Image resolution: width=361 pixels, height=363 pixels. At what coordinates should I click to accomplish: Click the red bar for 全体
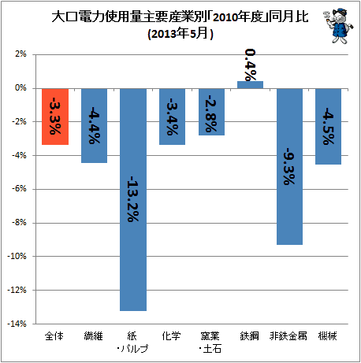(55, 117)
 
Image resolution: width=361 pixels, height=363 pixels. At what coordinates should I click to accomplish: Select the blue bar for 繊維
(94, 126)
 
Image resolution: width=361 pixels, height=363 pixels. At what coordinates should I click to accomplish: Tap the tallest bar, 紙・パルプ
(133, 200)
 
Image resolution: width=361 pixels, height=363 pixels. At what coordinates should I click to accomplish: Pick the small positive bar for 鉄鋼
(250, 85)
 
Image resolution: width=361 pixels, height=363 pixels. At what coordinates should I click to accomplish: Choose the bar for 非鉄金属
(289, 167)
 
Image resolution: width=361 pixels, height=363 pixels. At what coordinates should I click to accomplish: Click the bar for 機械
(328, 127)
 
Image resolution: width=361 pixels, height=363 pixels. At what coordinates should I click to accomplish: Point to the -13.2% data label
(133, 199)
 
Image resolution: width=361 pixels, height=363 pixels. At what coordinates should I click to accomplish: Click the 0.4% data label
(250, 65)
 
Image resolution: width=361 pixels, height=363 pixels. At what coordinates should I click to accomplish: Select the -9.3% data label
(289, 166)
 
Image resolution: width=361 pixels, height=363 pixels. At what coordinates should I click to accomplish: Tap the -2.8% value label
(211, 113)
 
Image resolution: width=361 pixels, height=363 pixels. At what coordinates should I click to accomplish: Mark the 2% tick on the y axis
(20, 54)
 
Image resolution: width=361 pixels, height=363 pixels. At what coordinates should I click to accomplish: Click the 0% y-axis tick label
(20, 88)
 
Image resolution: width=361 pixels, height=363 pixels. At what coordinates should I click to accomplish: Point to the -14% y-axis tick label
(17, 324)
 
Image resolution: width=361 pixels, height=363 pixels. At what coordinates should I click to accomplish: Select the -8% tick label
(19, 223)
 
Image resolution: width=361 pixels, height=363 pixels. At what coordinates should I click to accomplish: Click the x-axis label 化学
(172, 335)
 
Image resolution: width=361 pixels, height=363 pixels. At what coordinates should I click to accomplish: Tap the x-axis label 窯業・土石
(210, 343)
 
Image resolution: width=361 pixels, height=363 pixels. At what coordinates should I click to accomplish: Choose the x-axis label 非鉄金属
(288, 335)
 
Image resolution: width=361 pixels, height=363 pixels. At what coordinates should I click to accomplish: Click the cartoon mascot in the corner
(338, 25)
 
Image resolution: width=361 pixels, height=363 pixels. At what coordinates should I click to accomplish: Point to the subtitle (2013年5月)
(180, 34)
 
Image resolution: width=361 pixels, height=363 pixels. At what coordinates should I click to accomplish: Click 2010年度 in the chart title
(238, 17)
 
